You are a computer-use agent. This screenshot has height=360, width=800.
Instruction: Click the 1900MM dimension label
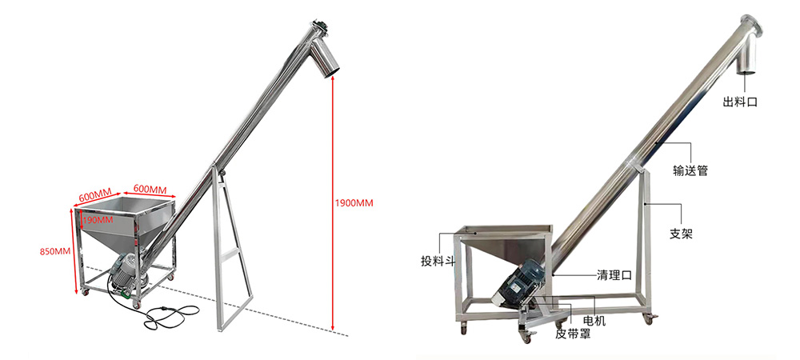354,203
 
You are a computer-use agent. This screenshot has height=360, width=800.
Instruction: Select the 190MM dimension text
98,220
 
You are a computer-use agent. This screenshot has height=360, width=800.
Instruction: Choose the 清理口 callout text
614,276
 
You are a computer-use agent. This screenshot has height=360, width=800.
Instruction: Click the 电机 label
594,321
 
